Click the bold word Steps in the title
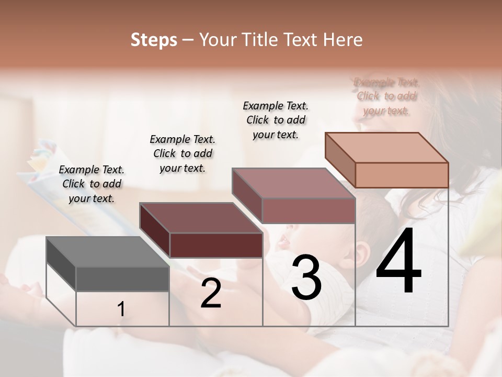pyautogui.click(x=154, y=40)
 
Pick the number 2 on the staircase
pyautogui.click(x=211, y=293)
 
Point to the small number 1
pyautogui.click(x=121, y=309)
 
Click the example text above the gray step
pyautogui.click(x=92, y=184)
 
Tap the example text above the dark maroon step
pyautogui.click(x=182, y=153)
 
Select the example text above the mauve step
pyautogui.click(x=276, y=120)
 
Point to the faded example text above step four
pyautogui.click(x=386, y=96)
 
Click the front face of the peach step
pyautogui.click(x=402, y=175)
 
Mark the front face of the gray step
pyautogui.click(x=122, y=279)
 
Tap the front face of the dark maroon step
pyautogui.click(x=216, y=245)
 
